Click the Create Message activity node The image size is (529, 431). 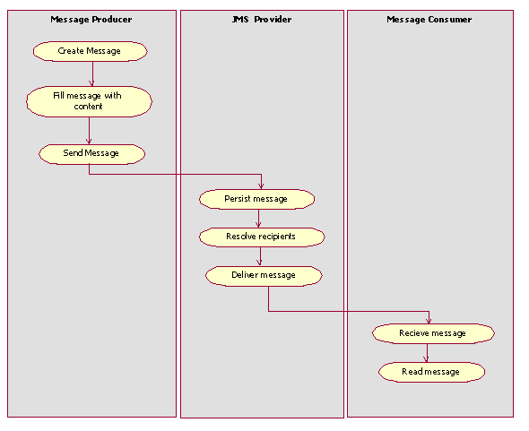pos(89,51)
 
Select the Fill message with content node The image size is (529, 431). pos(89,101)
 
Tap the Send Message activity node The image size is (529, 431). pos(91,153)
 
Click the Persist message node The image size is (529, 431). pos(256,199)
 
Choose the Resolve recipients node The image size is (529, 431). pos(260,237)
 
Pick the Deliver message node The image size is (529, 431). pos(263,275)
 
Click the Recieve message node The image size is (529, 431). pos(432,333)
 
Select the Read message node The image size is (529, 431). pos(430,372)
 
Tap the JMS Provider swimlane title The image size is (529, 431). pos(262,19)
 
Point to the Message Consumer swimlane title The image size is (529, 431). pos(429,19)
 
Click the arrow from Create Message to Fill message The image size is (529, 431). pos(91,73)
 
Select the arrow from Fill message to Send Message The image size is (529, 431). pos(89,130)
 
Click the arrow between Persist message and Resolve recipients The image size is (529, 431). pos(258,218)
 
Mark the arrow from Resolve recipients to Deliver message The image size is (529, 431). pos(260,256)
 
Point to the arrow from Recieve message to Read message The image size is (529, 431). pos(427,352)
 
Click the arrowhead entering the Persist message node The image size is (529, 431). pos(262,185)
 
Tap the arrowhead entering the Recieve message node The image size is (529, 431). pos(429,319)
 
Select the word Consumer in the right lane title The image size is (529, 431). pos(449,19)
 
